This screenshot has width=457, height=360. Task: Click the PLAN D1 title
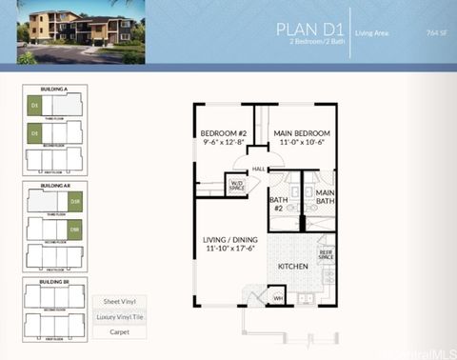coord(308,29)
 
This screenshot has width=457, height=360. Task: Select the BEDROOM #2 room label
coord(224,136)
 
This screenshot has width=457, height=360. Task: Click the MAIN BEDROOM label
coord(302,136)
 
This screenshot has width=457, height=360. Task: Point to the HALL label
coord(258,169)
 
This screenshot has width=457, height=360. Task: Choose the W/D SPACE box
coord(237,186)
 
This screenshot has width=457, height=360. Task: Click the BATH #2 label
coord(278,204)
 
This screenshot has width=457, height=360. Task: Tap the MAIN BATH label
coord(325,197)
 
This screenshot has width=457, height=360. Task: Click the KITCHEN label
coord(293,267)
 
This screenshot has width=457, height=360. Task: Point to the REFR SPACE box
coord(326,254)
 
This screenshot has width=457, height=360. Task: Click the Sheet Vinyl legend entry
coord(119,301)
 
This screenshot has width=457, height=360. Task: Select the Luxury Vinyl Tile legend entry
coord(119,316)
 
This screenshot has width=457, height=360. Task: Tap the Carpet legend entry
coord(119,331)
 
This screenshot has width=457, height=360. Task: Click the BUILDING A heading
coord(54,89)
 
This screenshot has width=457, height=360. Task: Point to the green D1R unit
coord(74,203)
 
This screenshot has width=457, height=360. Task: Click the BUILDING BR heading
coord(54,282)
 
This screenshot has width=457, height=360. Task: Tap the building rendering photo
coord(82,32)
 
